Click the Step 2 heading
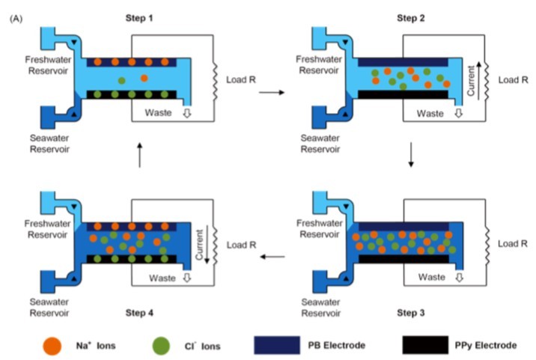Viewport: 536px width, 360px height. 409,16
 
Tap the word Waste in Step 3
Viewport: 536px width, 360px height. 430,277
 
